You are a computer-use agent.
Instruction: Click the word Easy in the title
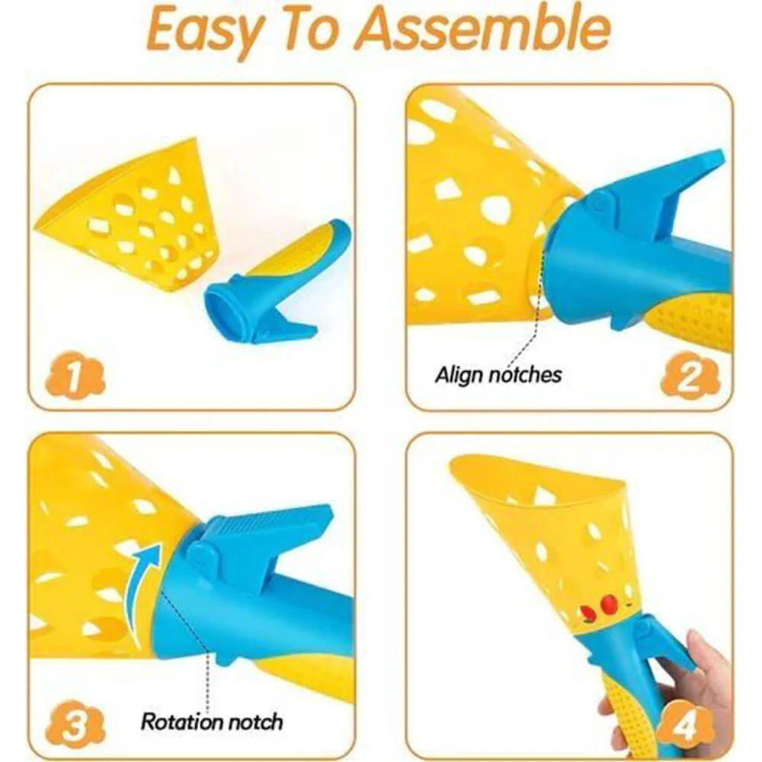[x=203, y=30]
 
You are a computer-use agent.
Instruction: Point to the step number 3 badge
[x=75, y=725]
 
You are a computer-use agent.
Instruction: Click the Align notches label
[x=498, y=375]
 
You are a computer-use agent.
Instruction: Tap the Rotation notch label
[x=211, y=722]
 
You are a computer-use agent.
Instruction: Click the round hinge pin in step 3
[x=200, y=554]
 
